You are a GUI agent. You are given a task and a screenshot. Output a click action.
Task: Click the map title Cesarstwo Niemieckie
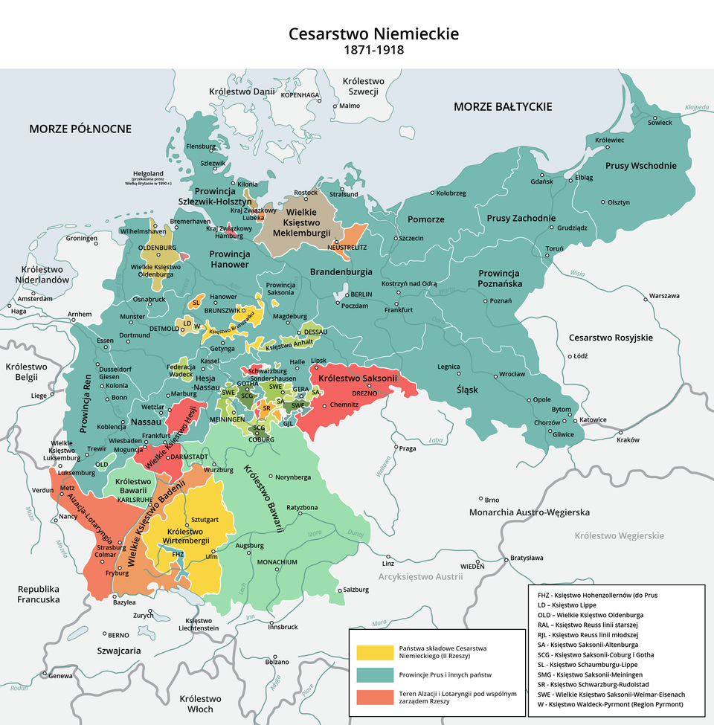pyautogui.click(x=373, y=34)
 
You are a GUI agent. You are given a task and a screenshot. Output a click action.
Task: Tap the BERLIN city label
pyautogui.click(x=361, y=294)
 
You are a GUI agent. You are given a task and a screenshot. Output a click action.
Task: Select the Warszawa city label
pyautogui.click(x=664, y=295)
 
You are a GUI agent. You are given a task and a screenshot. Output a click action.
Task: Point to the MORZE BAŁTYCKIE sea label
pyautogui.click(x=502, y=107)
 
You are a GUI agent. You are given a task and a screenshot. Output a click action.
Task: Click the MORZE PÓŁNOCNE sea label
pyautogui.click(x=80, y=129)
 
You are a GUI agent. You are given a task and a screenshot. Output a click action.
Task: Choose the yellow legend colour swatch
pyautogui.click(x=374, y=652)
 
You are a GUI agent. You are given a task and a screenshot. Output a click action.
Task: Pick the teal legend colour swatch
pyautogui.click(x=374, y=674)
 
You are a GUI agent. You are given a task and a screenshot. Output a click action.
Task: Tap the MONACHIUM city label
pyautogui.click(x=277, y=562)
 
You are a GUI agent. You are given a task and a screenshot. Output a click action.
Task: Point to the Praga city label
pyautogui.click(x=408, y=448)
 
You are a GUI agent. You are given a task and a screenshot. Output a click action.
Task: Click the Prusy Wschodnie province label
pyautogui.click(x=640, y=166)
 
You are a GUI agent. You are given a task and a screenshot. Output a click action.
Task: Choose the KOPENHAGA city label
pyautogui.click(x=300, y=95)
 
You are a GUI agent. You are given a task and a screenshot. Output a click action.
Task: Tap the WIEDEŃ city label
pyautogui.click(x=472, y=567)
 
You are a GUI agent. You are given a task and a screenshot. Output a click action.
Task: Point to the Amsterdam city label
pyautogui.click(x=35, y=298)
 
